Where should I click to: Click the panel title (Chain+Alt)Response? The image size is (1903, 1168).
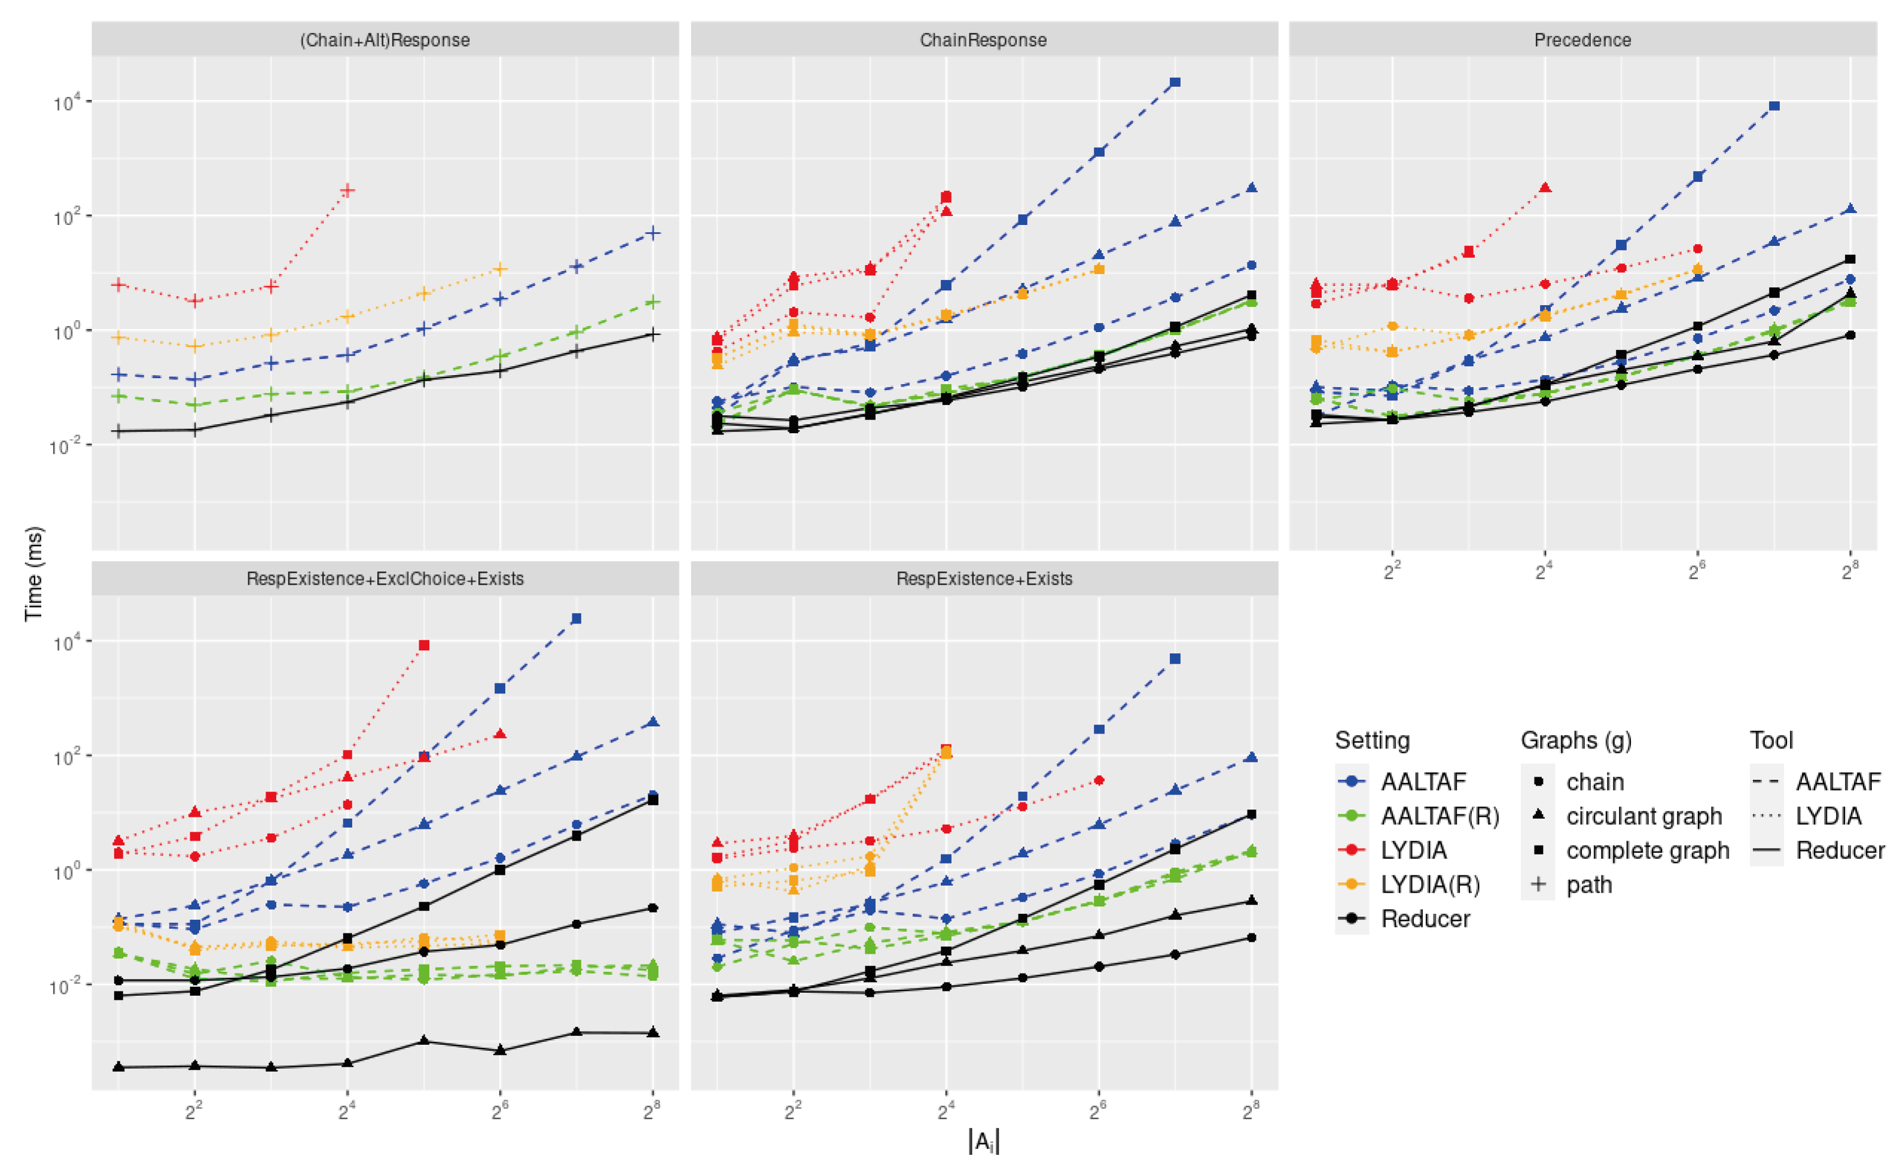(385, 40)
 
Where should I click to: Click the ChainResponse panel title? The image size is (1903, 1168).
(983, 40)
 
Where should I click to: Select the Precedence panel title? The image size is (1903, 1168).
(1582, 40)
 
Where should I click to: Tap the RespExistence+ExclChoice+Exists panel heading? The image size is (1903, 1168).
(385, 579)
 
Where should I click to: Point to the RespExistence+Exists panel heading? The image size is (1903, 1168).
(983, 579)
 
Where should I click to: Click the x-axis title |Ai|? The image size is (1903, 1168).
(983, 1141)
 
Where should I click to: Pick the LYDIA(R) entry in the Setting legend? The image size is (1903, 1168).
(1429, 884)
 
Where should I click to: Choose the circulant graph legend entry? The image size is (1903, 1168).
(1643, 816)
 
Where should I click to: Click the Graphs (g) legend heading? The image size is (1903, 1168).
(1575, 740)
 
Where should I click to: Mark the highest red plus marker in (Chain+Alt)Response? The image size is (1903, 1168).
(347, 190)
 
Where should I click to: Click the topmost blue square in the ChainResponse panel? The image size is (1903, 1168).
(1175, 82)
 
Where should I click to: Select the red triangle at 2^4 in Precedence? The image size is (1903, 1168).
(1545, 188)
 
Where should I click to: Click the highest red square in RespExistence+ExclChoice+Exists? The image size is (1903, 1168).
(423, 645)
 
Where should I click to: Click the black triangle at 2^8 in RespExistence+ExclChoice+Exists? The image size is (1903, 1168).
(652, 1032)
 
